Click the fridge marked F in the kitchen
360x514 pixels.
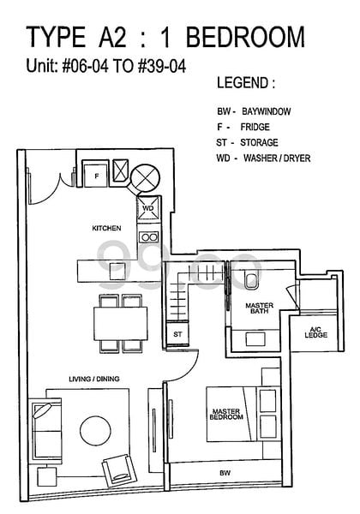pos(96,174)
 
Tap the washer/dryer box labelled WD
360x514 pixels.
pos(148,208)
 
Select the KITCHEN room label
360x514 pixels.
pos(106,228)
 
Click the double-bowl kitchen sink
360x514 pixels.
pos(148,236)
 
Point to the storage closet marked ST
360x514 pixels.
pos(177,334)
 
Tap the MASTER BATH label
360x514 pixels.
pos(260,308)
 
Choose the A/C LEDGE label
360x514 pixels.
pos(316,332)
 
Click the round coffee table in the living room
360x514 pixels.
pos(95,431)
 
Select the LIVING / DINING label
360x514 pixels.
pos(94,379)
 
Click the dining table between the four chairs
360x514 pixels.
pos(121,324)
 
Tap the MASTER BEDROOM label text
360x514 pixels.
pos(226,414)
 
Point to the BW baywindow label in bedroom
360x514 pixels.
pos(225,473)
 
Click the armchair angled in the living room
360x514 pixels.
pos(120,470)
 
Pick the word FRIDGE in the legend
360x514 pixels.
pos(255,127)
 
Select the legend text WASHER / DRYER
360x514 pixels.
pos(277,158)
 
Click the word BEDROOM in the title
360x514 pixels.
pos(245,37)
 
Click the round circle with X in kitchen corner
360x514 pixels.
pos(145,178)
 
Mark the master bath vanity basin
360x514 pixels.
pos(255,338)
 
